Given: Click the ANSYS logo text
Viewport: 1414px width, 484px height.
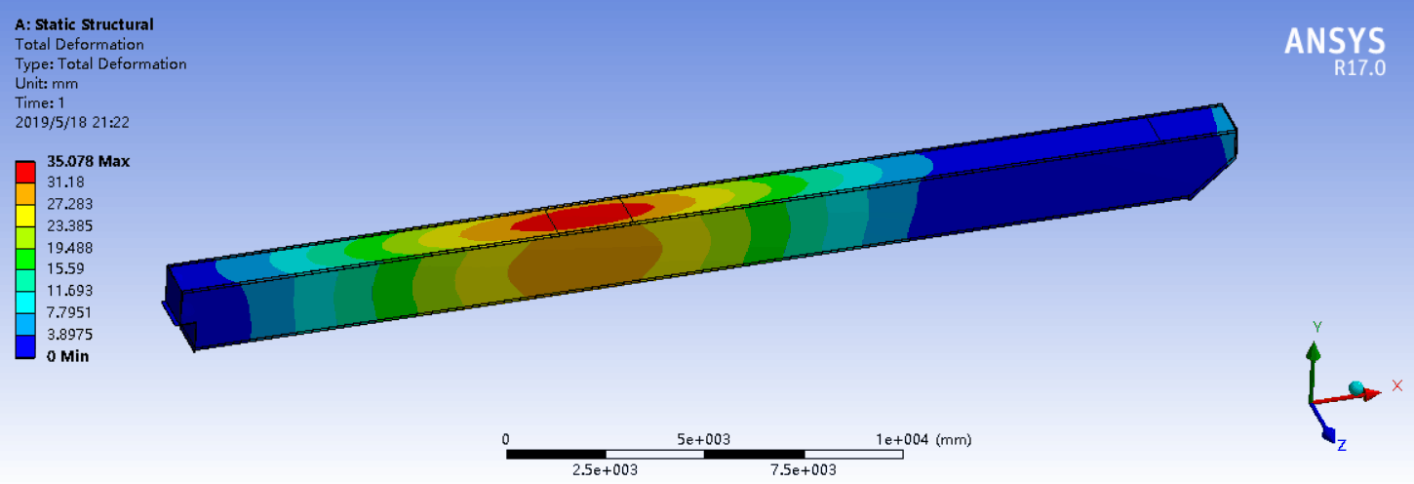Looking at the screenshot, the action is (1335, 41).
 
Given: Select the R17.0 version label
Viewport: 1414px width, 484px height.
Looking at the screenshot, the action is (1359, 68).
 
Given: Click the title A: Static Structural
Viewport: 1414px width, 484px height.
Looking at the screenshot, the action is (84, 24).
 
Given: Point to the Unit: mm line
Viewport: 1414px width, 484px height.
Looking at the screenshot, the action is (46, 83).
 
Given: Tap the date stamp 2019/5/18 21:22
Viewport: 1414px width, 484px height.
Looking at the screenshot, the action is (72, 123).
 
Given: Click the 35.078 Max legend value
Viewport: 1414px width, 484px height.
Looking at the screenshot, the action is (88, 161).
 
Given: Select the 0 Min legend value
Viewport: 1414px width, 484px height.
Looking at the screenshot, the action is (67, 356).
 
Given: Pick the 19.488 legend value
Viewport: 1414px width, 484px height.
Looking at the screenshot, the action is (69, 248).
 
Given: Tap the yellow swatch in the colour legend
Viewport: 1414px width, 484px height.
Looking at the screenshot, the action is (25, 216).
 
